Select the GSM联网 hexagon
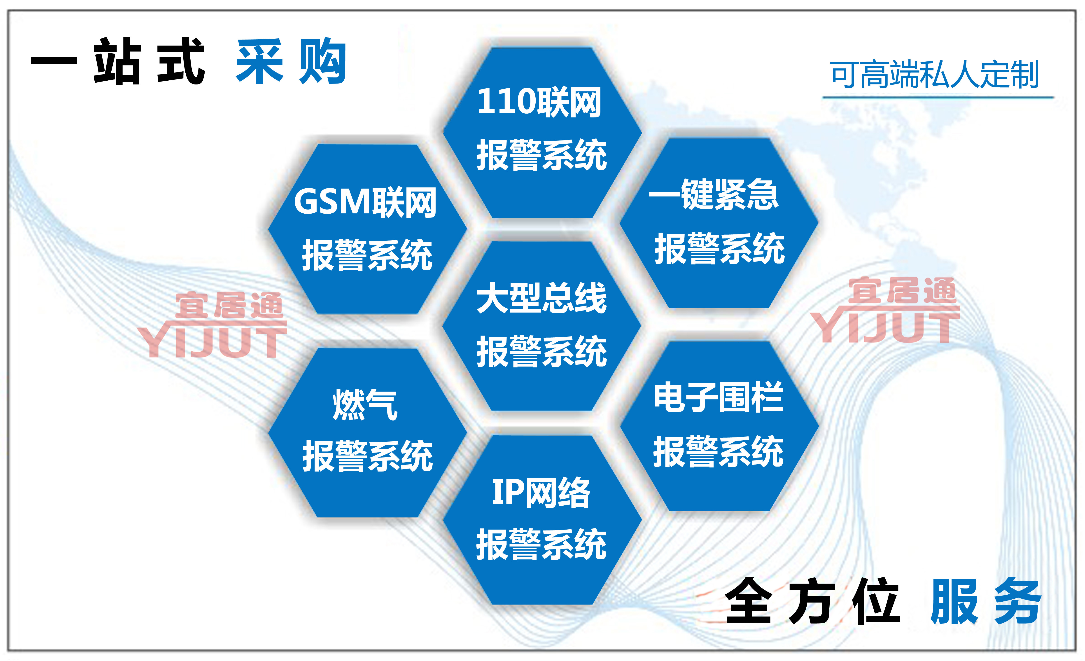point(367,229)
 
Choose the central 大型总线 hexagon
point(542,326)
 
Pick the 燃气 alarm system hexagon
point(367,432)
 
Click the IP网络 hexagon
point(542,520)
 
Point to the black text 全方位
point(812,601)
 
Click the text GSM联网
point(365,202)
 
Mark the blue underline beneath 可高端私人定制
point(938,97)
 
